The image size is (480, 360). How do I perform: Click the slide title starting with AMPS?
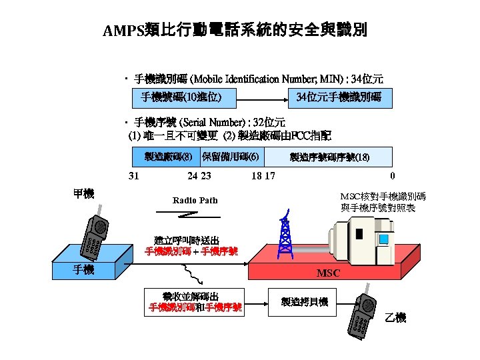click(235, 31)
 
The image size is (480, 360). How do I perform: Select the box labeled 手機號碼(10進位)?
click(181, 97)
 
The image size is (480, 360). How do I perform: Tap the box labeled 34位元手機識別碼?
click(339, 97)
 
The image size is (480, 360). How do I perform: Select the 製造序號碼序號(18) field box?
click(329, 157)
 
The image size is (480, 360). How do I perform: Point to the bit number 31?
click(133, 176)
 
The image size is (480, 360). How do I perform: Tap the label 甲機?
click(83, 193)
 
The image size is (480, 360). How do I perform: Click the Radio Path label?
click(195, 201)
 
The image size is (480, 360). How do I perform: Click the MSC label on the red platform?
click(328, 273)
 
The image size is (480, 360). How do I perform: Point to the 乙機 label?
click(395, 318)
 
